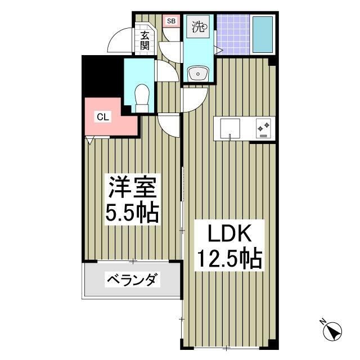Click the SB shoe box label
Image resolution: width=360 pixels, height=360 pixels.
[x=170, y=22]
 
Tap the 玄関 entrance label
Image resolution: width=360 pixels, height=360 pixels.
[x=145, y=40]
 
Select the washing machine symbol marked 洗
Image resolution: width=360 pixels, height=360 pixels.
[x=199, y=26]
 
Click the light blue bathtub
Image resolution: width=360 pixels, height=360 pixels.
[x=262, y=34]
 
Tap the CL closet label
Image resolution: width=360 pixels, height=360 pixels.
[x=103, y=117]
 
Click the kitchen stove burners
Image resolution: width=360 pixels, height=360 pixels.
[x=263, y=129]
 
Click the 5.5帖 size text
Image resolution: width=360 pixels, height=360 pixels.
[x=133, y=213]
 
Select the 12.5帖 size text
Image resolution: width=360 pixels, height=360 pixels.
[x=228, y=259]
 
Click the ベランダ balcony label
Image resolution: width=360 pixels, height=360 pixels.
[x=133, y=280]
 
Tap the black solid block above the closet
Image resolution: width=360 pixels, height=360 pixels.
[x=101, y=76]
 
